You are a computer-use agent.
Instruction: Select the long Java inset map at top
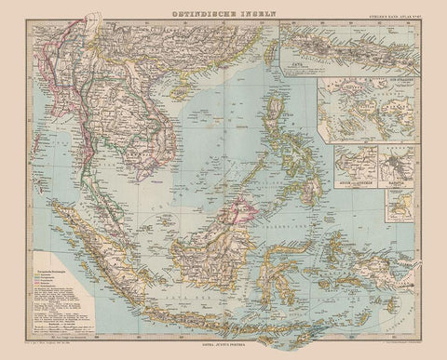350,50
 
